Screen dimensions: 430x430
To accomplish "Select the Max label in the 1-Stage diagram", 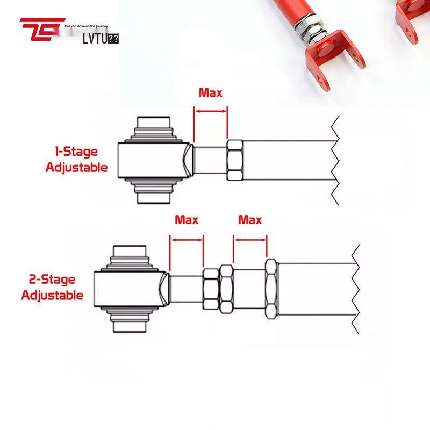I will [210, 92].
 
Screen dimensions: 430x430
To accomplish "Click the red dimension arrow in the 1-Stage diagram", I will [210, 111].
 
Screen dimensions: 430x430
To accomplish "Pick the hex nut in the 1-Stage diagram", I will [235, 160].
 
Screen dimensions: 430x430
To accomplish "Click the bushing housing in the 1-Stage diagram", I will [154, 160].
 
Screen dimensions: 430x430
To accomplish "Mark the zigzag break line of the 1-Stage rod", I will [334, 160].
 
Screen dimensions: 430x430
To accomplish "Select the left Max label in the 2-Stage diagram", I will [187, 220].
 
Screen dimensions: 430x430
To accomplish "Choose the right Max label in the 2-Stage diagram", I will [250, 220].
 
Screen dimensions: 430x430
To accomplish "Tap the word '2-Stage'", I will [52, 280].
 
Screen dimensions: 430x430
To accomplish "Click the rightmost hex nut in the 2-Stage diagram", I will [271, 289].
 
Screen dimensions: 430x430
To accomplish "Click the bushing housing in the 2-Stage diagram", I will [129, 289].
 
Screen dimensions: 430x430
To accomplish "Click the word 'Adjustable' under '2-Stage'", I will [52, 295].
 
